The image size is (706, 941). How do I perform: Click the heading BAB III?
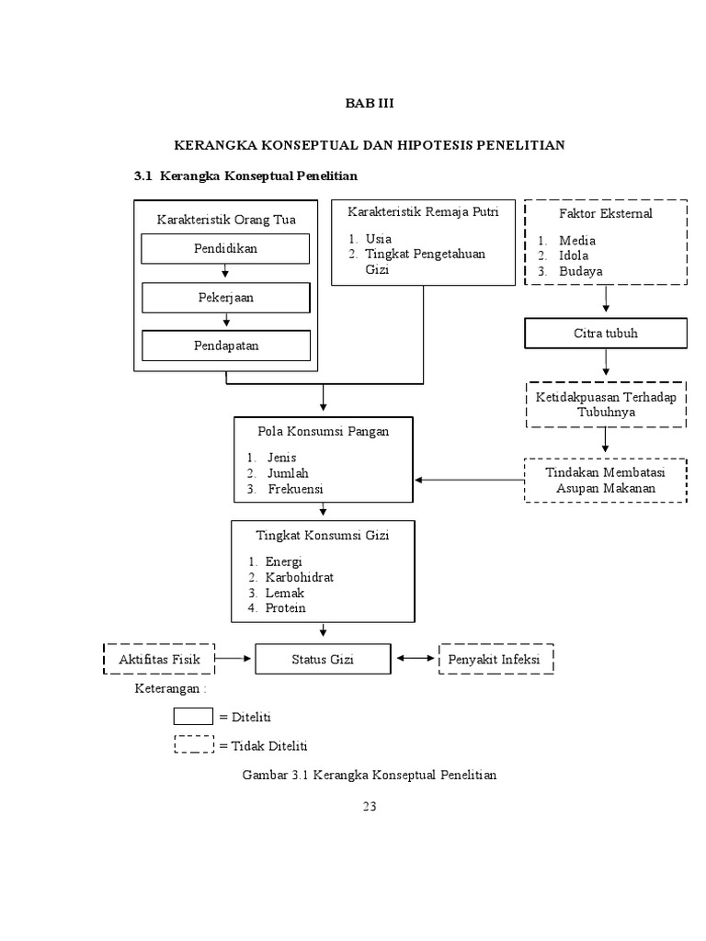coord(369,103)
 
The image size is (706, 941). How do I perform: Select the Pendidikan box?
coord(225,249)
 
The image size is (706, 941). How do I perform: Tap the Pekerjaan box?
coord(225,298)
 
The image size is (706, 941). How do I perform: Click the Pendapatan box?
coord(225,346)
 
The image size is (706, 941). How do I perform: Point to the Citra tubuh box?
coord(605,333)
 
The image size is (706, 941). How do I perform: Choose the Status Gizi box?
coord(322,659)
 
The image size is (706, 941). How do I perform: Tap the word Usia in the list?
coord(378,239)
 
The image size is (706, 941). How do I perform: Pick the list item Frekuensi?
coord(295,489)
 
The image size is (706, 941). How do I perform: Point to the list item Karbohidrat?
coord(300,577)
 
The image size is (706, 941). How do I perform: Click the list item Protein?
coord(285,608)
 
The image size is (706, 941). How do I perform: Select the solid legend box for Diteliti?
coord(193,716)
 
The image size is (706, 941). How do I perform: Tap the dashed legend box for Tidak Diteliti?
coord(193,745)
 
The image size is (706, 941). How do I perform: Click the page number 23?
coord(369,807)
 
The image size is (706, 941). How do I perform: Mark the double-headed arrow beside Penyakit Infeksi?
coord(416,659)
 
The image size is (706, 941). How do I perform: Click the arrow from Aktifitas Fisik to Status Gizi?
coord(234,659)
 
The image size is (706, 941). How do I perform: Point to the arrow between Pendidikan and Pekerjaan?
coord(225,273)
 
